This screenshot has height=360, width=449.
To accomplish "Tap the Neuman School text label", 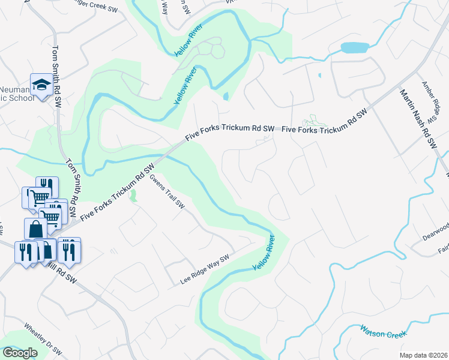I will pos(15,93).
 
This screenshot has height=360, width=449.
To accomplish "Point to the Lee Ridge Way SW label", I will pos(205,270).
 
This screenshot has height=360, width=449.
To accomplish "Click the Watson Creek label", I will pos(383,330).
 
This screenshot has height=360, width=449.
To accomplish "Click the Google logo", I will pos(20,353).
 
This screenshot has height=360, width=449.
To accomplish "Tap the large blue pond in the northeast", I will pos(354,47).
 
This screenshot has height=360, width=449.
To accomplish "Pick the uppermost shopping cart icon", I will pos(40,197).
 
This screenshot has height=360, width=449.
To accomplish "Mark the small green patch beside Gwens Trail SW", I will pos(133,195).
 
